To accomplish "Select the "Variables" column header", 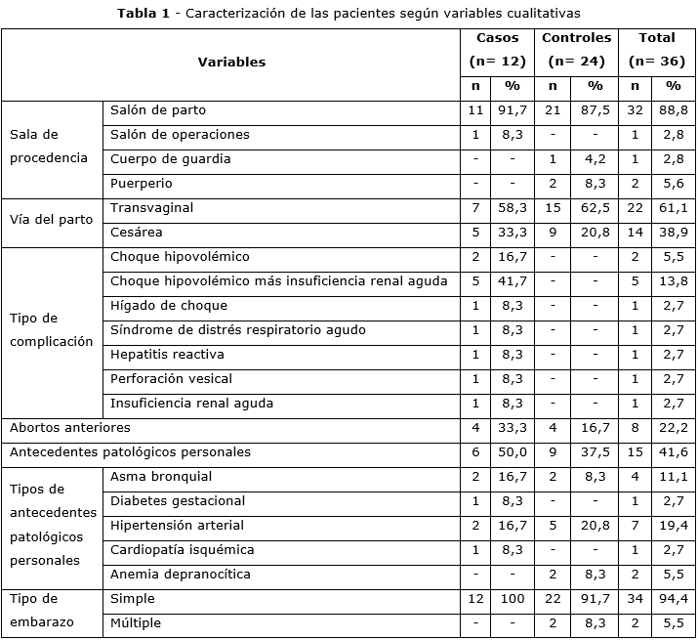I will point(231,62).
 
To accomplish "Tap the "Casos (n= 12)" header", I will point(498,50).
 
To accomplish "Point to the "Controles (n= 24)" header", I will point(576,50).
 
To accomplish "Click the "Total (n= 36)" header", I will point(657,50).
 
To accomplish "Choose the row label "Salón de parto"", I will point(158,110).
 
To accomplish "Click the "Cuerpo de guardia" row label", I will point(171,159).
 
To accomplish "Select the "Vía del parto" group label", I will point(52,220).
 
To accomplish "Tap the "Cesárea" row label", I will point(137,233).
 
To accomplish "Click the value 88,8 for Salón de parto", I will point(674,110).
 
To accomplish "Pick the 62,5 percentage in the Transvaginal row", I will point(595,208).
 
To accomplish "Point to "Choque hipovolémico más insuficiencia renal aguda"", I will point(279,281).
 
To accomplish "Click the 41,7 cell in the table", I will point(513,281).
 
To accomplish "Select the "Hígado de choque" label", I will point(169,306).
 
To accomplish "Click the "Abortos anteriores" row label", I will point(70,428).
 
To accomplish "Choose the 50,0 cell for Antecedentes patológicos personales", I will point(513,452).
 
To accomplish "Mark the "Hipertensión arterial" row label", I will point(178,526).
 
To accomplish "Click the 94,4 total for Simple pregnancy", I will point(674,599).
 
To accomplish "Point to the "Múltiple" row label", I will point(137,623).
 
